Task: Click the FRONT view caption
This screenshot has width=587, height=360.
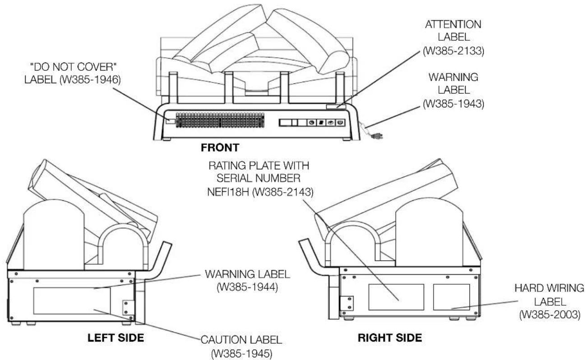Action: click(x=220, y=148)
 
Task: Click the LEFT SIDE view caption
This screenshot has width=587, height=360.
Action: click(x=116, y=338)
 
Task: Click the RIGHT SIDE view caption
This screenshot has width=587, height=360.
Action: click(x=390, y=338)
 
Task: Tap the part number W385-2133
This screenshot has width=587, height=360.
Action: click(x=453, y=51)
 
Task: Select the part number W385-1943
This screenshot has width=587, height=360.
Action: click(x=453, y=104)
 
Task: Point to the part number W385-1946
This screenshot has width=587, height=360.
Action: click(x=90, y=80)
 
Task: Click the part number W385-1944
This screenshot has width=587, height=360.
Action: click(x=247, y=287)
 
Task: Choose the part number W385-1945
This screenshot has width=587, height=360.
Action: click(x=242, y=354)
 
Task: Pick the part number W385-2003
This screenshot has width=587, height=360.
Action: click(x=550, y=314)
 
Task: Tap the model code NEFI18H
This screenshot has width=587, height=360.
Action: click(x=228, y=192)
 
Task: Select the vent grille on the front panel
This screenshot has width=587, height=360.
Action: click(x=220, y=120)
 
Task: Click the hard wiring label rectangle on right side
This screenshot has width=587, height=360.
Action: click(x=451, y=297)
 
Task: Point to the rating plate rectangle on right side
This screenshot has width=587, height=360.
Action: click(x=396, y=297)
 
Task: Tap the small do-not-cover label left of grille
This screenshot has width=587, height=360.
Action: click(x=171, y=121)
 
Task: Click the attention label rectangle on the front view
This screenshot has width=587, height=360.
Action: click(x=336, y=106)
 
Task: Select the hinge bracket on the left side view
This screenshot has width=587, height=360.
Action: click(x=129, y=308)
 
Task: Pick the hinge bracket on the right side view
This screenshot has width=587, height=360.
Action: click(x=347, y=304)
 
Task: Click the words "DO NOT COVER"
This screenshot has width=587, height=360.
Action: click(x=74, y=67)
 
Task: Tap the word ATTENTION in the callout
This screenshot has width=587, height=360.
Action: click(x=453, y=24)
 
